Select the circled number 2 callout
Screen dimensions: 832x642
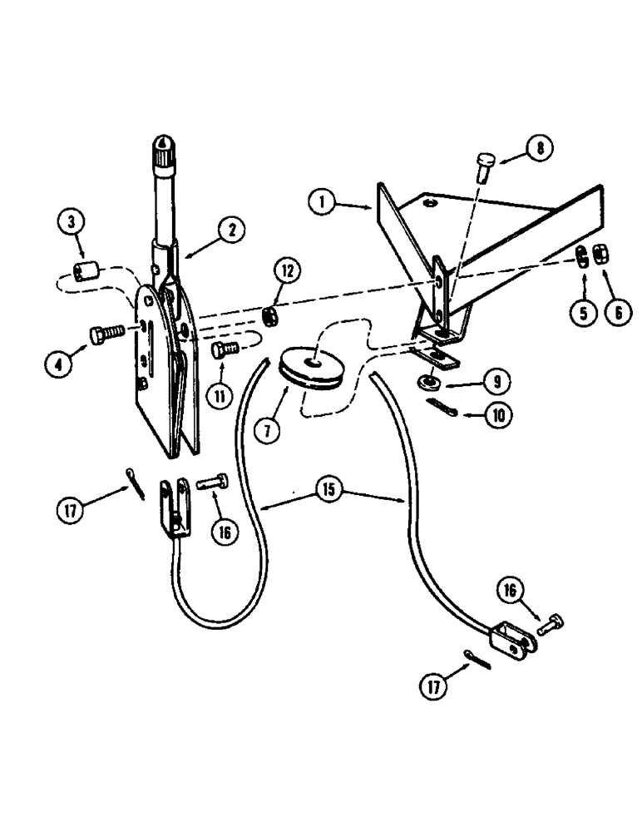(x=229, y=227)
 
